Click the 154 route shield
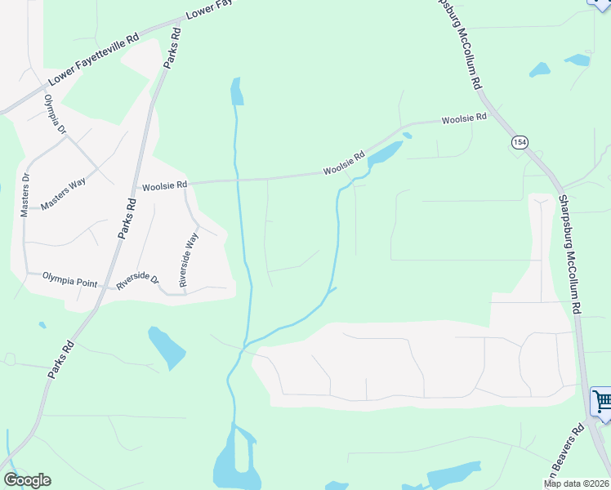point(520,143)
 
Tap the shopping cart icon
point(602,401)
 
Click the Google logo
point(27,480)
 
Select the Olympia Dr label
point(55,116)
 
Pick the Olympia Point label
point(69,282)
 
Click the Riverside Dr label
point(137,281)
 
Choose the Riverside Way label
point(189,259)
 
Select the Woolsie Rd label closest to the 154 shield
point(464,118)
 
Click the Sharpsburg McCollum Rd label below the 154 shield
point(569,255)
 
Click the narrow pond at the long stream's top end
point(236,91)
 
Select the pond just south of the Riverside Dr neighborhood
point(167,348)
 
